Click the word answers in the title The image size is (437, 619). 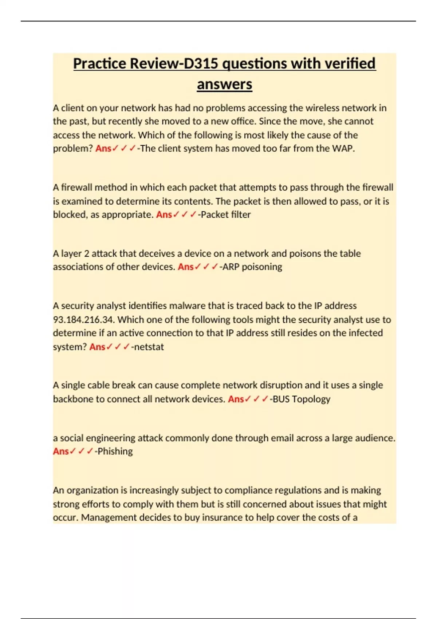(x=224, y=84)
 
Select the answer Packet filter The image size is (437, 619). (x=225, y=214)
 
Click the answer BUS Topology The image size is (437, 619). (x=301, y=399)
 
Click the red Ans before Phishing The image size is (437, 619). (x=61, y=452)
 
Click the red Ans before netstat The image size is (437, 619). (x=97, y=347)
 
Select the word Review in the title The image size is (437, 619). (x=153, y=64)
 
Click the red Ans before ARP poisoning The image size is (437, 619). (x=185, y=267)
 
